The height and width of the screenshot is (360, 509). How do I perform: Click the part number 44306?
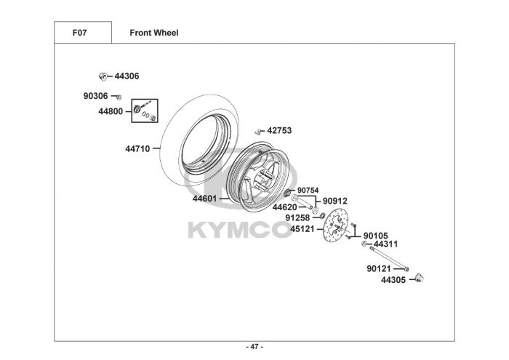[127, 76]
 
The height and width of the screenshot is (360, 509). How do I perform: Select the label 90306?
[95, 96]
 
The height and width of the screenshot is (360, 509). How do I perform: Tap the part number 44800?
[111, 111]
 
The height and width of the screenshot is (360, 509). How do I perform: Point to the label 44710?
[137, 149]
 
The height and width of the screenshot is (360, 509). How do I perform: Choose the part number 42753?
[279, 131]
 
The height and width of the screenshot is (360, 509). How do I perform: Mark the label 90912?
[335, 201]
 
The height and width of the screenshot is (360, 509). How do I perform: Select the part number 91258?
[297, 217]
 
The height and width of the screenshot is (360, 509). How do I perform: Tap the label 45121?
[302, 228]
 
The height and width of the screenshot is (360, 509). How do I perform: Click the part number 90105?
[376, 236]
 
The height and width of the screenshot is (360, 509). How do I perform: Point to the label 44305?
[393, 279]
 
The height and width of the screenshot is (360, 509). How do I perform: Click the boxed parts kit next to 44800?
[145, 112]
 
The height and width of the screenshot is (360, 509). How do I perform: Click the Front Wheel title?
[154, 33]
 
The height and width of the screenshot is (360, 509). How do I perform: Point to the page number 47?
[254, 346]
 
